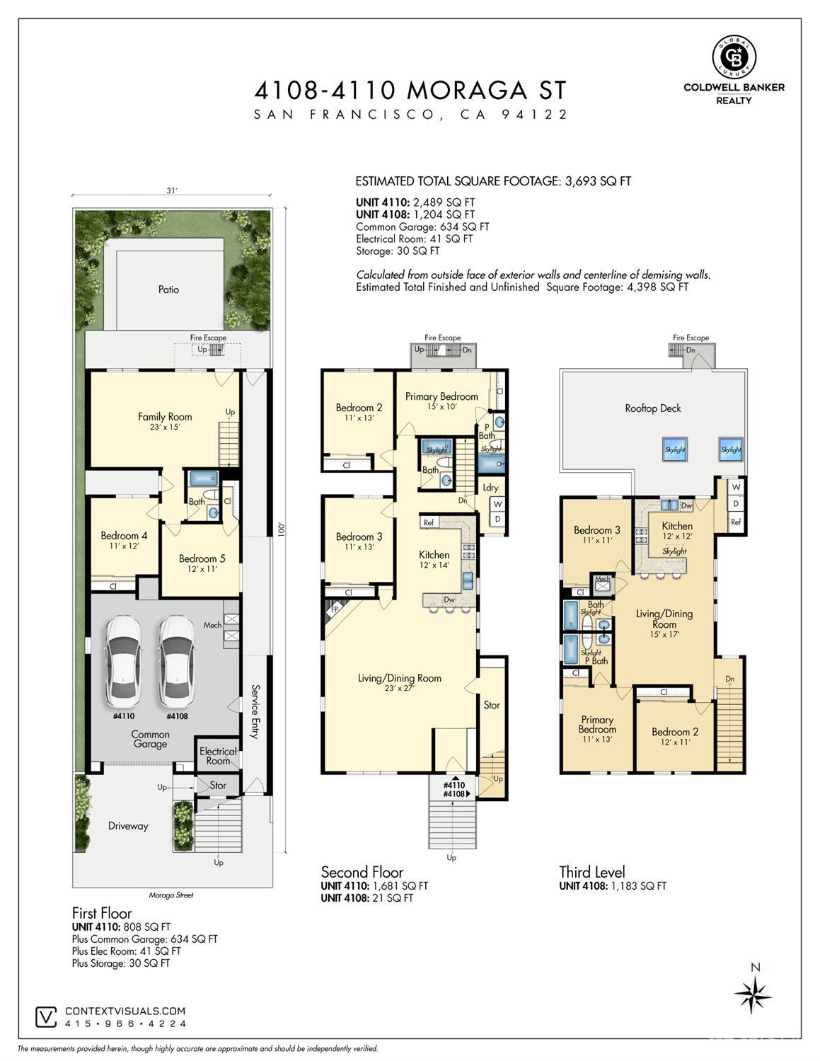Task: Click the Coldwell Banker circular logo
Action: click(734, 56)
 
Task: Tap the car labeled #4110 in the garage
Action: click(124, 661)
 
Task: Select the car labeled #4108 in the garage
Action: click(177, 661)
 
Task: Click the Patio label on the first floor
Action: click(168, 289)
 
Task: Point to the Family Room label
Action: click(165, 417)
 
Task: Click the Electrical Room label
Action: click(218, 756)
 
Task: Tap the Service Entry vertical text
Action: click(256, 711)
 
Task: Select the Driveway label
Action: click(128, 826)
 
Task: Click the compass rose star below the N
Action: click(753, 995)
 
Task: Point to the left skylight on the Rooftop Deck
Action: click(674, 449)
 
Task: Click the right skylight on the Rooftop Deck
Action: click(731, 449)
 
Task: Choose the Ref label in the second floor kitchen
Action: click(428, 522)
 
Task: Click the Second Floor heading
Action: click(362, 872)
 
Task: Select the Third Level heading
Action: click(592, 872)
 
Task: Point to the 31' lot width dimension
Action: click(171, 190)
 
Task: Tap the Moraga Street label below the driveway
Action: click(171, 895)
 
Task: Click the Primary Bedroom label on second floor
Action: click(441, 396)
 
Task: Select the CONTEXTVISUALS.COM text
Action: click(125, 1011)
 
